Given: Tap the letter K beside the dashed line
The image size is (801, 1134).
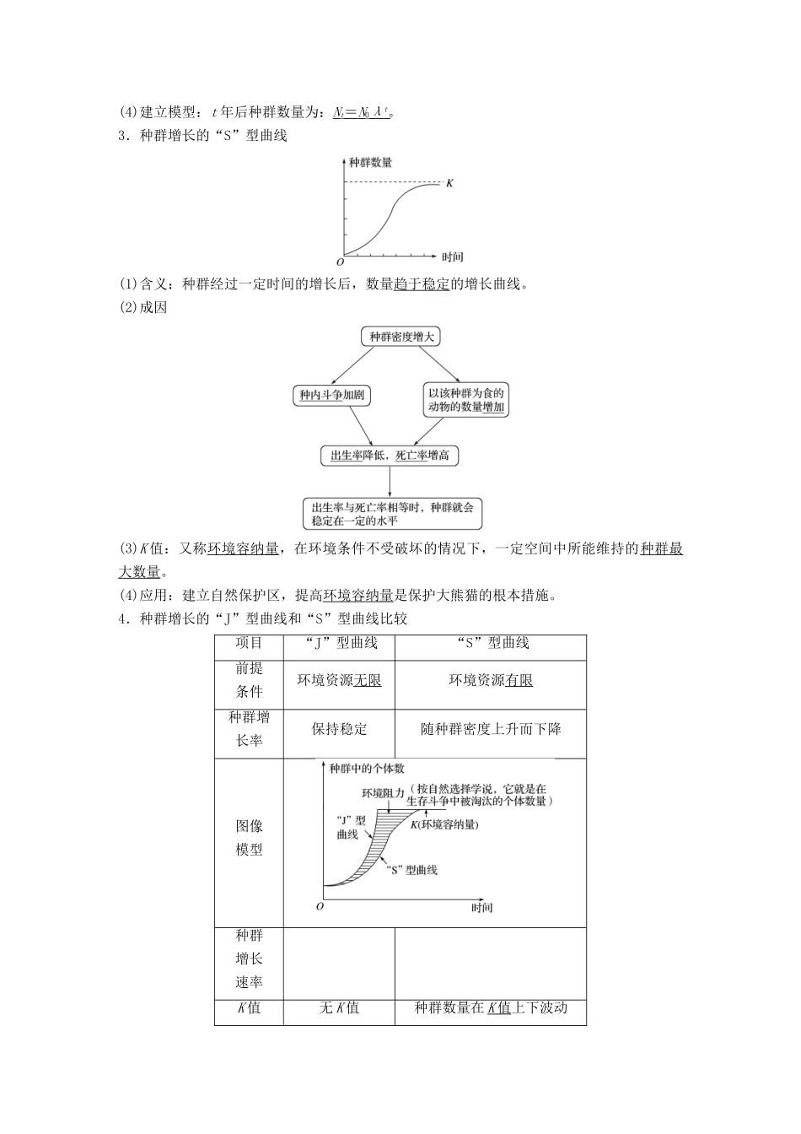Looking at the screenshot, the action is click(x=449, y=182).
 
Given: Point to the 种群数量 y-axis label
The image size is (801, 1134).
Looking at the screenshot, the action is click(x=370, y=162).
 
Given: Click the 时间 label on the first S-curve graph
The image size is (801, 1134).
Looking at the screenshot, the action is click(x=453, y=256).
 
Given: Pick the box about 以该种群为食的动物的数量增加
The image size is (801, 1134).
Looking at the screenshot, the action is click(x=466, y=400).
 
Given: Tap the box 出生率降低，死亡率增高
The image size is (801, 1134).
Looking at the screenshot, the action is click(x=390, y=456).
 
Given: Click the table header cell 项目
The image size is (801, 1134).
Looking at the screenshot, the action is click(x=249, y=643).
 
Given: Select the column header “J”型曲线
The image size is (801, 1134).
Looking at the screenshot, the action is click(x=339, y=643).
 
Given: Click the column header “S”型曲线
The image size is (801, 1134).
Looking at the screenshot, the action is click(x=490, y=643).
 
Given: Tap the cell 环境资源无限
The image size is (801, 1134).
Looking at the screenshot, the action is click(x=339, y=680).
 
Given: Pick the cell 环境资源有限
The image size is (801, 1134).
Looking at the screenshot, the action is click(x=490, y=680).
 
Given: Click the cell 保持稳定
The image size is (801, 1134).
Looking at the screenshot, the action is click(x=339, y=728).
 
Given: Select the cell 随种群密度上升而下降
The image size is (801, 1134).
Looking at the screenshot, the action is click(x=490, y=728).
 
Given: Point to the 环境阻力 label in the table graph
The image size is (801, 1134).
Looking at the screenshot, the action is click(x=382, y=793).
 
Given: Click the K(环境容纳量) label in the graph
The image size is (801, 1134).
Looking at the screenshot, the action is click(x=444, y=824).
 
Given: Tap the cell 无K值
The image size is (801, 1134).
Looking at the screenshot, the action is click(x=339, y=1007).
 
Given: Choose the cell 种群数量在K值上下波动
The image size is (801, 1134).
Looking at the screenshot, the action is click(x=490, y=1007).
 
